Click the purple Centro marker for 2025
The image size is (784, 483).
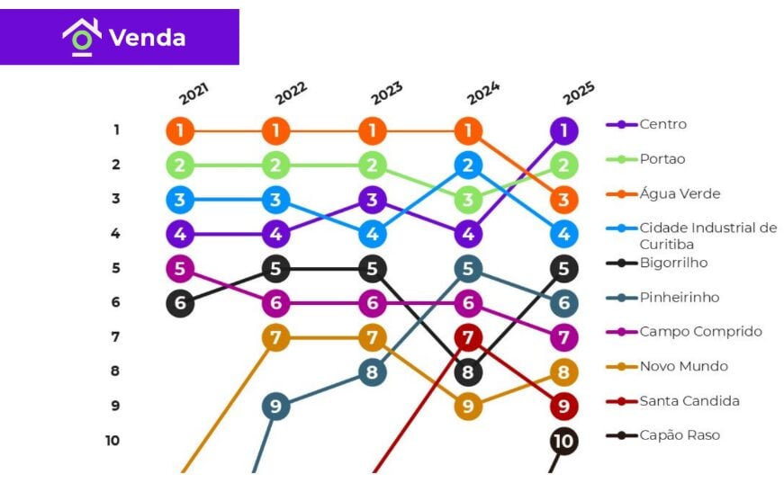click(563, 131)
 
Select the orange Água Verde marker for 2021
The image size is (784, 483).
click(180, 131)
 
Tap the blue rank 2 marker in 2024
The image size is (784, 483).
click(468, 165)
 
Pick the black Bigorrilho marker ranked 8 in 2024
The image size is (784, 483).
click(468, 371)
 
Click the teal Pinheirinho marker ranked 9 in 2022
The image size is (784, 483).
click(275, 407)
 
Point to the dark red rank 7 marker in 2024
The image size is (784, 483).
click(468, 337)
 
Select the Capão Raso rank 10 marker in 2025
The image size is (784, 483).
click(563, 441)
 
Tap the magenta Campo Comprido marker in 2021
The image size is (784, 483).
click(180, 268)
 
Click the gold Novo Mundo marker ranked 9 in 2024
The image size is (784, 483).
click(468, 407)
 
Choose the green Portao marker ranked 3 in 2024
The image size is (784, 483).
click(468, 200)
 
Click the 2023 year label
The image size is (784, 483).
click(386, 94)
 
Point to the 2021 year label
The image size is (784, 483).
click(194, 94)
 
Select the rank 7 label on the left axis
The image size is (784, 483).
click(115, 337)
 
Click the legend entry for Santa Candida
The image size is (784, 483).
click(689, 401)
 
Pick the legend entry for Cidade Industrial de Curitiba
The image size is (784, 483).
click(707, 236)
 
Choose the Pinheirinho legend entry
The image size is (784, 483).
click(679, 298)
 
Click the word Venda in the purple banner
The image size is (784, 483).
click(147, 38)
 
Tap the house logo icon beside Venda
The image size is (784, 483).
click(81, 37)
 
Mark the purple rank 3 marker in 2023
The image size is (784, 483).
click(372, 200)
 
